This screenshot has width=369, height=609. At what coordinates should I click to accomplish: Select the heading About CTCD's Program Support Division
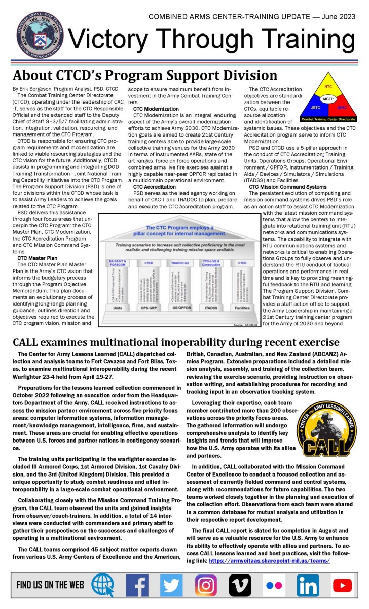(x=145, y=75)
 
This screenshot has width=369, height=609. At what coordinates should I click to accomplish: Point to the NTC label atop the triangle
(x=328, y=87)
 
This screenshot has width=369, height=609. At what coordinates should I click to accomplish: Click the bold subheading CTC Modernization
(x=156, y=109)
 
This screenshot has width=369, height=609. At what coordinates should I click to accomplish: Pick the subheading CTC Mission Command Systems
(x=287, y=187)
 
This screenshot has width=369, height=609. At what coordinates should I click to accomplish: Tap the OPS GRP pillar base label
(x=150, y=308)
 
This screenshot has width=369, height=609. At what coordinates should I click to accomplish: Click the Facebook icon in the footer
(x=136, y=585)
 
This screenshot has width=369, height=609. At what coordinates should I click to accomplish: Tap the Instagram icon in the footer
(x=205, y=585)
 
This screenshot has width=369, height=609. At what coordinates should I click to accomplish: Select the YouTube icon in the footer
(x=343, y=585)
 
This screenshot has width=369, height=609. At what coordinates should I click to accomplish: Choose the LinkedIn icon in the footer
(x=308, y=585)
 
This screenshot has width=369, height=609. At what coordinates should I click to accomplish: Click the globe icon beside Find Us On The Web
(x=102, y=585)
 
